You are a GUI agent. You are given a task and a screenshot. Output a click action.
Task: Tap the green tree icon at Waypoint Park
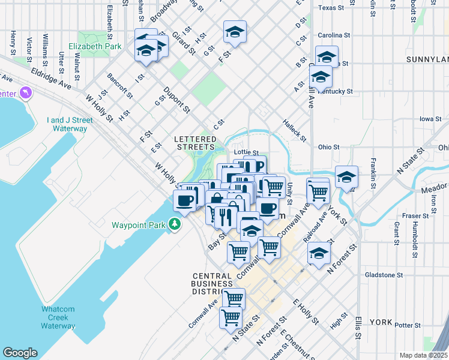click(x=175, y=224)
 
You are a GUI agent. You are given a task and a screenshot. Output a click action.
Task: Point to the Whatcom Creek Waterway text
click(x=58, y=317)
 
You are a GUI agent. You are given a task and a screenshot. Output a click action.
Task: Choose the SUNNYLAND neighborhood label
click(x=427, y=59)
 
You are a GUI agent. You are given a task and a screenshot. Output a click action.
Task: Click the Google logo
click(x=20, y=353)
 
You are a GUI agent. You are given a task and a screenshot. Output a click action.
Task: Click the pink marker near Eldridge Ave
click(x=25, y=93)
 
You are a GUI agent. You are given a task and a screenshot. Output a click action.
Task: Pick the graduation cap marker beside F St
click(x=235, y=32)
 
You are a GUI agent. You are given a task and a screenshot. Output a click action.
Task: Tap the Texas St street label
click(x=333, y=8)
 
